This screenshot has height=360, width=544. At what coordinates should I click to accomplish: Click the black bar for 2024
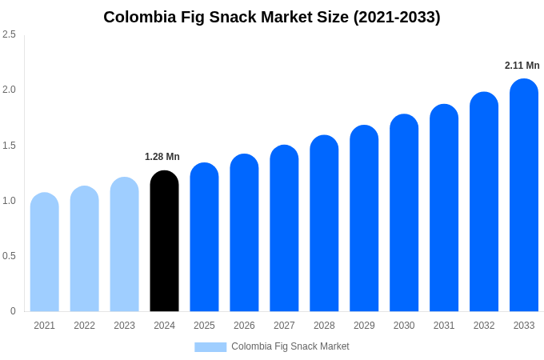164,241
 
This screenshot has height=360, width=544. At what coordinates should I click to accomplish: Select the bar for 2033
524,195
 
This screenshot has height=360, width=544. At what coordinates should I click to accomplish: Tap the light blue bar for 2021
45,252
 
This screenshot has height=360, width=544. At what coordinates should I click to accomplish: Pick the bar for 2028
324,223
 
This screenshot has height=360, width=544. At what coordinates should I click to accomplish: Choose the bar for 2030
404,213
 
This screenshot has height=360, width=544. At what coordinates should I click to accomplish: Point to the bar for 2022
85,249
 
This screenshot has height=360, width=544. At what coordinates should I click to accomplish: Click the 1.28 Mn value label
162,157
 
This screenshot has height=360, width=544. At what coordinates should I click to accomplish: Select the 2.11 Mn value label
522,66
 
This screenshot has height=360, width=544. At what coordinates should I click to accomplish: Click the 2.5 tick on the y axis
9,34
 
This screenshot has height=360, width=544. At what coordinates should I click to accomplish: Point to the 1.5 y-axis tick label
9,146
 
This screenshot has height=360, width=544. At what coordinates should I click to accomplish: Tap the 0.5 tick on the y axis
9,256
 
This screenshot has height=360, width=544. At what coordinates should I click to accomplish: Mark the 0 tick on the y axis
13,311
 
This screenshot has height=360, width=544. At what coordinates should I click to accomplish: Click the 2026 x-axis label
244,326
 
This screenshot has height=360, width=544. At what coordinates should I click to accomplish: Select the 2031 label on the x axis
444,326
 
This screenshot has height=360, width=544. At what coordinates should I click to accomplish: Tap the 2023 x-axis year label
124,326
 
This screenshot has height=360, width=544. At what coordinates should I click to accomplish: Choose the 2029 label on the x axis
364,326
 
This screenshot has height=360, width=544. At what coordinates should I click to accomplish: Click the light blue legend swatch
210,347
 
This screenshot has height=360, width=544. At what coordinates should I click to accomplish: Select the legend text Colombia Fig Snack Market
290,346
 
